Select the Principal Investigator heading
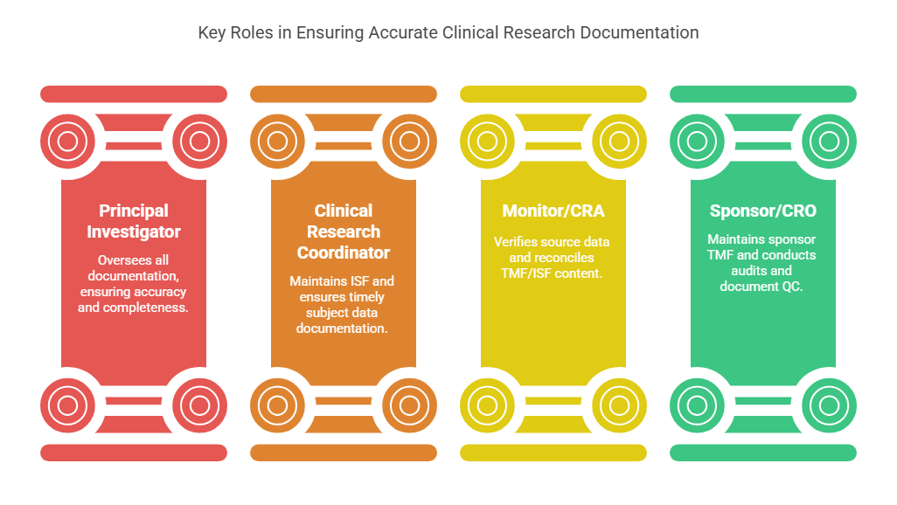click(x=134, y=221)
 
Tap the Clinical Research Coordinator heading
click(x=344, y=232)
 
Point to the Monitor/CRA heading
click(x=553, y=211)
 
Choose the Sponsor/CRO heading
click(x=762, y=211)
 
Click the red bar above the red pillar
click(x=134, y=93)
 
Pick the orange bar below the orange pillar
click(x=344, y=453)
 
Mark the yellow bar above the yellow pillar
click(x=553, y=93)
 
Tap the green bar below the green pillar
click(x=762, y=453)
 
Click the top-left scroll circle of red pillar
click(x=67, y=141)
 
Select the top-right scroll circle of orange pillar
click(x=409, y=141)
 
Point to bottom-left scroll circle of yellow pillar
click(x=487, y=405)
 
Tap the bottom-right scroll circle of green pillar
click(x=829, y=405)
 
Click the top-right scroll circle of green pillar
click(x=829, y=141)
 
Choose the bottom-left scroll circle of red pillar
click(x=67, y=405)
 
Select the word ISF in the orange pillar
click(x=359, y=281)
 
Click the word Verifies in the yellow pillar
click(x=517, y=242)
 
